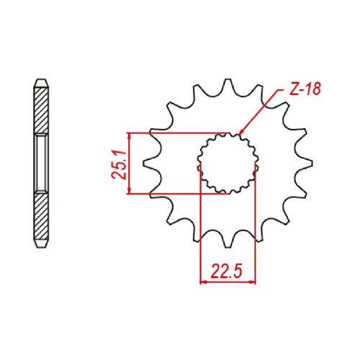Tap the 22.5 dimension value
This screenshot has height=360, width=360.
pos(228,271)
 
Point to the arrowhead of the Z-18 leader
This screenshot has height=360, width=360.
pos(240,133)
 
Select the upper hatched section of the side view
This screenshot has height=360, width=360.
pos(42,108)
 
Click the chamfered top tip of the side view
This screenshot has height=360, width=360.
pos(42,78)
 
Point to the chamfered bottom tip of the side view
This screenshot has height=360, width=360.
pos(42,248)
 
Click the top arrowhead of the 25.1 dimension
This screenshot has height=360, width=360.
pos(130,137)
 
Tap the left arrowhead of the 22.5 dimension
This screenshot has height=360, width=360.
pos(203,282)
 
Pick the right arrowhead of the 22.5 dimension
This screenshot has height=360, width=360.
pos(253,282)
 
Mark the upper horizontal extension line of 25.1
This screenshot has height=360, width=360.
pos(180,133)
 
